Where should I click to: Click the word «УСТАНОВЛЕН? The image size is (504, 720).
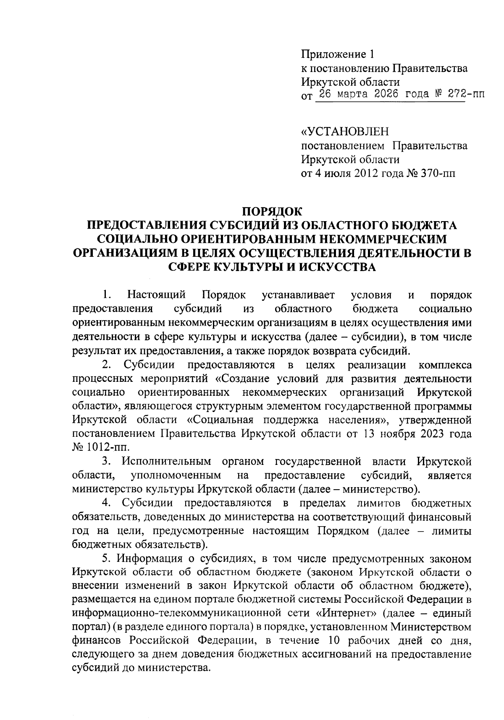click(345, 132)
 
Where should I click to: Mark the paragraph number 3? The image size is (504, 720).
click(106, 462)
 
